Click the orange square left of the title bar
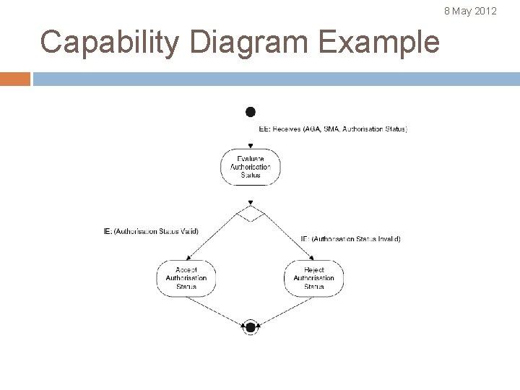click(14, 79)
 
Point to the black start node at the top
click(251, 112)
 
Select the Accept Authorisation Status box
click(186, 278)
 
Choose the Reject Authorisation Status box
click(313, 278)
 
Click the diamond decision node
click(251, 214)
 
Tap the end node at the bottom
click(251, 327)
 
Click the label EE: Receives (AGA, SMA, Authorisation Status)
click(333, 129)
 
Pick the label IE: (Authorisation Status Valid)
click(151, 231)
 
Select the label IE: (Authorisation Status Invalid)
click(350, 238)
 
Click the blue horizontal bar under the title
click(274, 79)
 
